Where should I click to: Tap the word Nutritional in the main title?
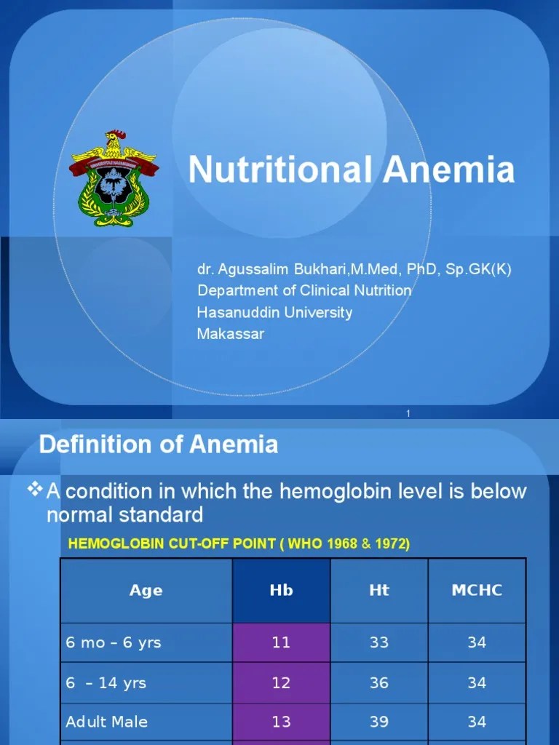pos(281,170)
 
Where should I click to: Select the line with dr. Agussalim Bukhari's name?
pos(354,269)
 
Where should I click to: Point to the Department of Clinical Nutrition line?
pos(304,290)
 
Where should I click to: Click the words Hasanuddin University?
pos(274,312)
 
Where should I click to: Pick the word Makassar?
pos(231,334)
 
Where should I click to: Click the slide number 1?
pos(408,414)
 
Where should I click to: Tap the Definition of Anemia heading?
pos(159,445)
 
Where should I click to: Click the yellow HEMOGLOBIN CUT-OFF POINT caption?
pos(239,544)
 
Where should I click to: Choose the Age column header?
pos(146,590)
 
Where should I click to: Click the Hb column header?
pos(281,590)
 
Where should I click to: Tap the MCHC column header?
pos(477,590)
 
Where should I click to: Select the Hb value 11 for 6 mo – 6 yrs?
pos(281,642)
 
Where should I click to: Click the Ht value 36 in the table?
pos(378,682)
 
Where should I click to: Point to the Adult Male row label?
pos(107,722)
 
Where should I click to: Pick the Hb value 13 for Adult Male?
pos(281,722)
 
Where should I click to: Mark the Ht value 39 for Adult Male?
pos(378,722)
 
